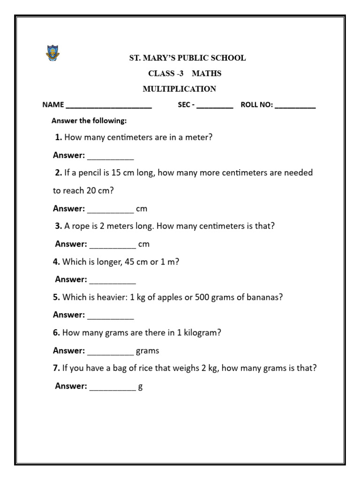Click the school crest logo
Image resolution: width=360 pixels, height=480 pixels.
tap(52, 53)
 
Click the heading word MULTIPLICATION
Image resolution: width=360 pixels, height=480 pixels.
tap(180, 89)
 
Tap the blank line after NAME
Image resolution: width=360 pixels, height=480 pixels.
tap(109, 106)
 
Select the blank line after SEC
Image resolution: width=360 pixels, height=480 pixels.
tap(215, 106)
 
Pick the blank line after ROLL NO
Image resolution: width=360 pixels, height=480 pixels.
tap(295, 106)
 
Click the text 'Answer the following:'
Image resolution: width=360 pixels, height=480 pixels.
tap(89, 121)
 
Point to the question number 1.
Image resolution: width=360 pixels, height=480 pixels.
tap(58, 138)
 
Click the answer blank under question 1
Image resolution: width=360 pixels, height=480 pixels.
tap(111, 157)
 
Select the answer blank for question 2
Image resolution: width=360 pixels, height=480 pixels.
tap(111, 210)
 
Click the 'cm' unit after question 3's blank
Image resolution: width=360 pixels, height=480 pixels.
tap(144, 244)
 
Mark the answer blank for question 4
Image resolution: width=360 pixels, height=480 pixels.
tap(112, 281)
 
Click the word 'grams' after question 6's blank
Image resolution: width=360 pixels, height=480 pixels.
tap(147, 351)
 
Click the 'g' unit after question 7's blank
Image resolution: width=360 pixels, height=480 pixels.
tap(140, 387)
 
